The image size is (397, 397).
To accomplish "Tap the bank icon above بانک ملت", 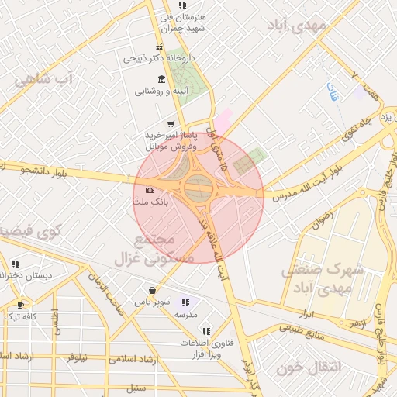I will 150,190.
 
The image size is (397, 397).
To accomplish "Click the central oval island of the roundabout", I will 198,186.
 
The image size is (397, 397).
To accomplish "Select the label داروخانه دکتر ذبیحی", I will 161,57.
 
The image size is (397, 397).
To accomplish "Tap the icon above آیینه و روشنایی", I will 161,79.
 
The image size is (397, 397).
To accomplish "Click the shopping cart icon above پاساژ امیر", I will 170,124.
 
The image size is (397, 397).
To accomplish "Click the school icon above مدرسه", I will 185,303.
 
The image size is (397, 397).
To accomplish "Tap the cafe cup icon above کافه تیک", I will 21,305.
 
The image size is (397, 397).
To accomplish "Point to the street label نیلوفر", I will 77,357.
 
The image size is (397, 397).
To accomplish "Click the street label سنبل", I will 136,385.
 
